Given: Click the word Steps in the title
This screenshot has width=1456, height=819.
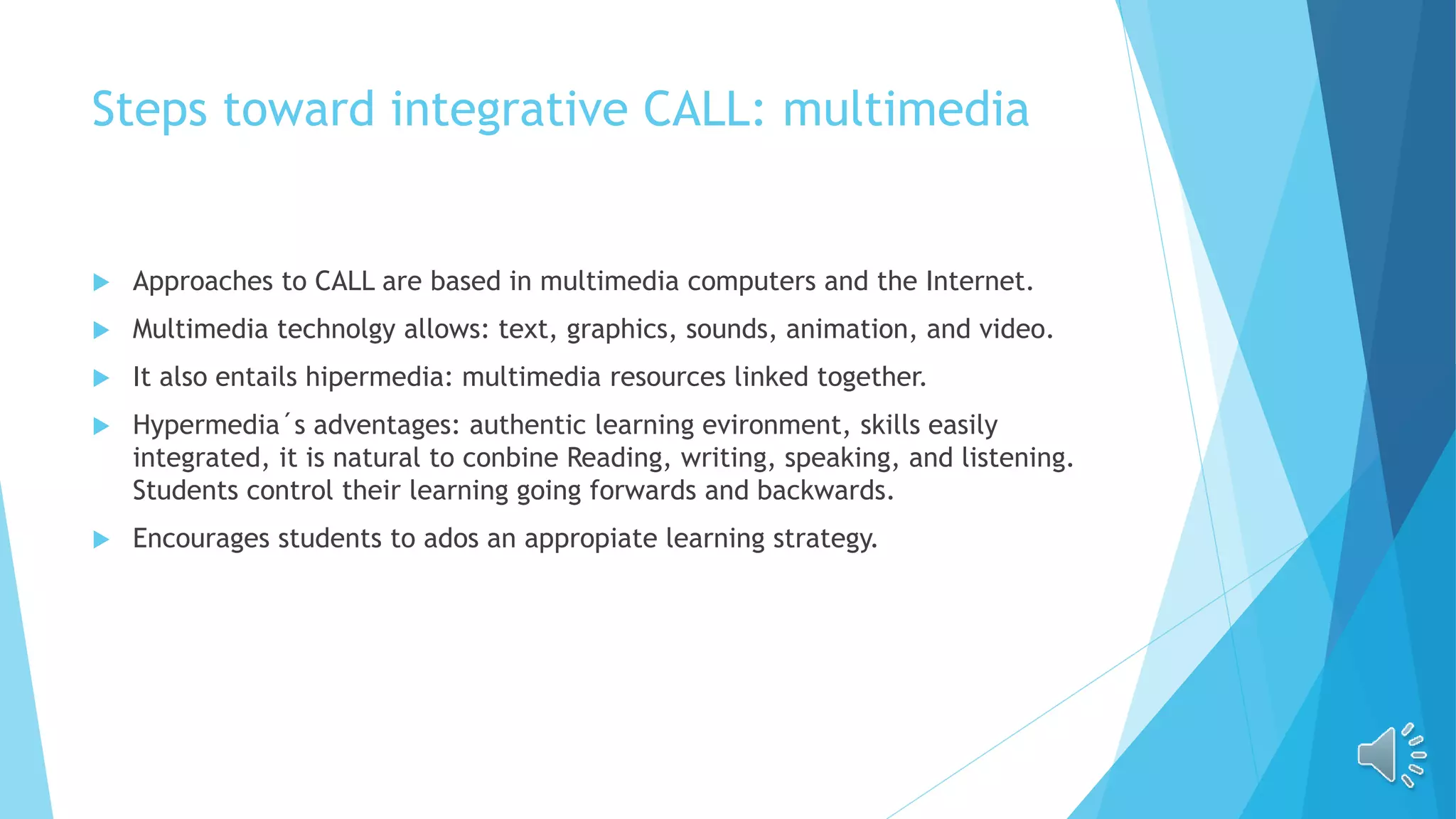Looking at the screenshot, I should pyautogui.click(x=149, y=110).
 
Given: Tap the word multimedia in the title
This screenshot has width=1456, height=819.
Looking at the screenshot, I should pyautogui.click(x=905, y=110).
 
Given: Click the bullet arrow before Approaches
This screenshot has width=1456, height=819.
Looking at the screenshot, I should pyautogui.click(x=101, y=283).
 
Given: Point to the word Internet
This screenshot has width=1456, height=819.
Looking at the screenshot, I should pyautogui.click(x=978, y=282).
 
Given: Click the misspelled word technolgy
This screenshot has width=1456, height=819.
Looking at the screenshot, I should pyautogui.click(x=335, y=330).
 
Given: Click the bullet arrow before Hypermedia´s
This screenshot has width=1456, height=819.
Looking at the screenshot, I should pyautogui.click(x=101, y=427).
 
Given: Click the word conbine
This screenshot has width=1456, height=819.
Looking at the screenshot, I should pyautogui.click(x=510, y=458).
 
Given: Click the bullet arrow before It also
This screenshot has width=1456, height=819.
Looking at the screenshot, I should pyautogui.click(x=101, y=378).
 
